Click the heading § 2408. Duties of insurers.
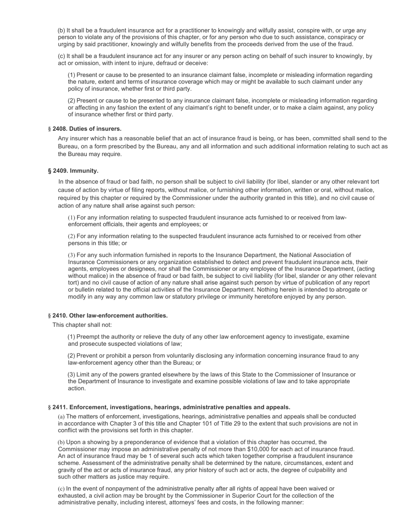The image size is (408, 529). [x=85, y=129]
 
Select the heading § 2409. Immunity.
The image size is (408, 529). [x=73, y=171]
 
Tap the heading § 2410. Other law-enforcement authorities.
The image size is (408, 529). [x=108, y=315]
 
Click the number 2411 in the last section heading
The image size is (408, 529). [x=60, y=407]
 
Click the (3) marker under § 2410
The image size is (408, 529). [x=71, y=374]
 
